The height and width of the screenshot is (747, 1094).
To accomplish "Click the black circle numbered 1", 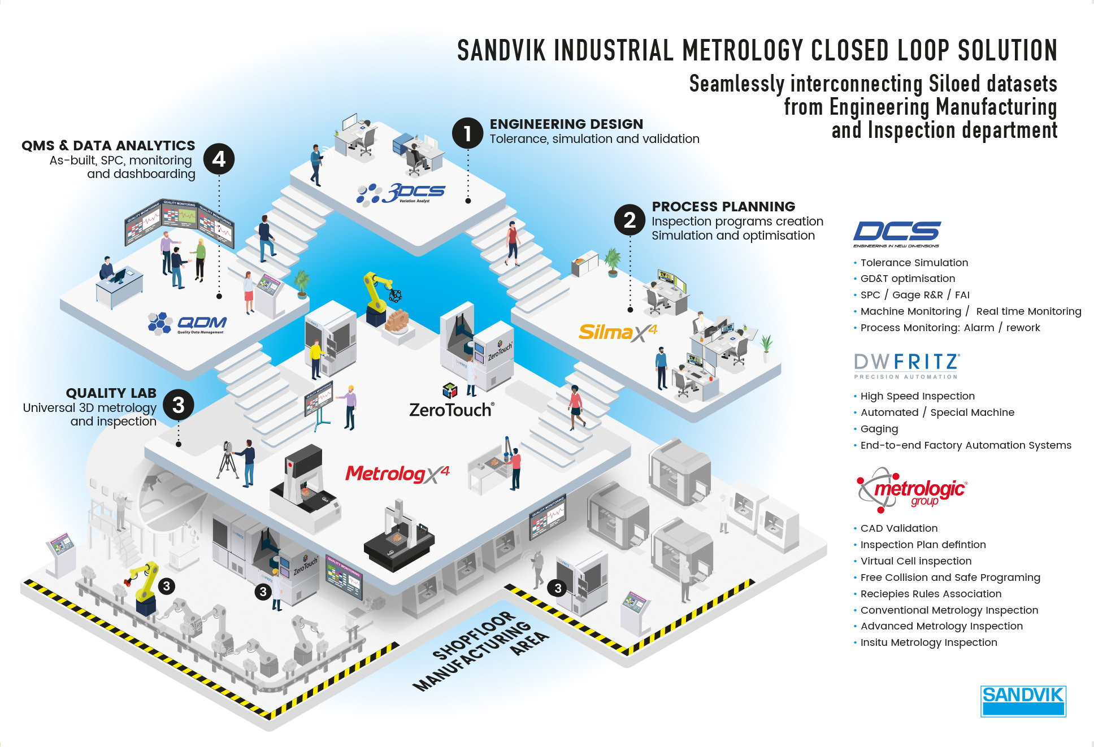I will (467, 133).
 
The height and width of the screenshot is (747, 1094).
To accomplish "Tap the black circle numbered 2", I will (630, 220).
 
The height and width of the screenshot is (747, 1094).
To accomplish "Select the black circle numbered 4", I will (219, 159).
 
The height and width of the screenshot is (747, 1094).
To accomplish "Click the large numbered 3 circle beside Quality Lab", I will (179, 405).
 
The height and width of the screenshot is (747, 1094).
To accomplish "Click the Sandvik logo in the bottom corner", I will (1023, 701).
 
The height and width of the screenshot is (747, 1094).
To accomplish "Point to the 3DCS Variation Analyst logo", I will (401, 193).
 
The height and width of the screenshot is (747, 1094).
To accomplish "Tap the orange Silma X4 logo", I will (617, 332).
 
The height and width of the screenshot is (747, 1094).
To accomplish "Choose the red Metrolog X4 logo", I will (397, 474).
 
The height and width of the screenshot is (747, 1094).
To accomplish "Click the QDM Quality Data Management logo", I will (188, 323).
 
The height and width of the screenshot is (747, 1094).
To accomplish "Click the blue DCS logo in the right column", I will (897, 233).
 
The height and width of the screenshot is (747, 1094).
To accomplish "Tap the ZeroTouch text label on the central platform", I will (451, 410).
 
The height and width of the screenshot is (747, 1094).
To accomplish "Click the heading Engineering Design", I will (566, 124).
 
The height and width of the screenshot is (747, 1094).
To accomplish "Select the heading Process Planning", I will (723, 206).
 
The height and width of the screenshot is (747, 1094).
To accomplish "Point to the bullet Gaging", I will (879, 429).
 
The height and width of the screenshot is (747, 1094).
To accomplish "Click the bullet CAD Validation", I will (898, 528).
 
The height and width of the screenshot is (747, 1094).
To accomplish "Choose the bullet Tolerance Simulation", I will (914, 263).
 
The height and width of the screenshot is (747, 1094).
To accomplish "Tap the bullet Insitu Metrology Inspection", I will (928, 642).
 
